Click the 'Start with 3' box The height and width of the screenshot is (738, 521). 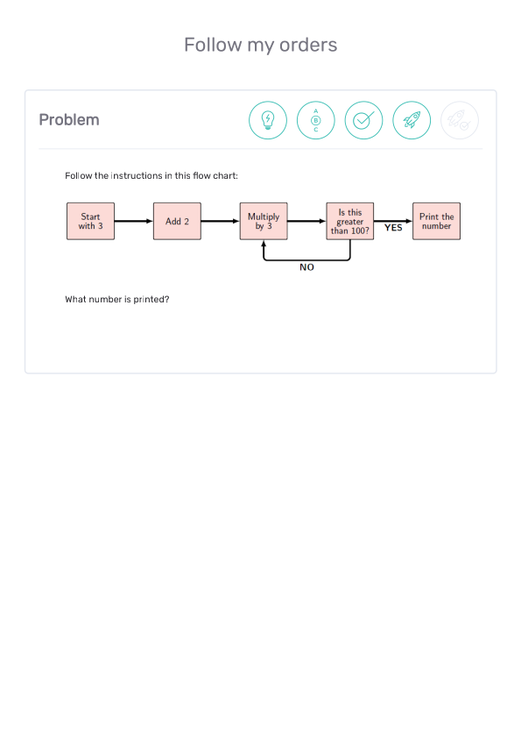90,221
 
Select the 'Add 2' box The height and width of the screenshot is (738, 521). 177,221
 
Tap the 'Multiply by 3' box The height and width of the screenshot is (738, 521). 264,221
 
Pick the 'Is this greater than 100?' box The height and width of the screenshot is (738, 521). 350,221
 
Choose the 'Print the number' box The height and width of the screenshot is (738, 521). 437,221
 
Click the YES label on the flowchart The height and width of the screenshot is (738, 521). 393,228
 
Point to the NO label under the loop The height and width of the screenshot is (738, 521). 306,267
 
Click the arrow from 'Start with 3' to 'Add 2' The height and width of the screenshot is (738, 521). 134,221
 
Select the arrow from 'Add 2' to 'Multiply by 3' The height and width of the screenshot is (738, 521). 221,221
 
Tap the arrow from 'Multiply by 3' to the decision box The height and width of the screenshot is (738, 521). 307,221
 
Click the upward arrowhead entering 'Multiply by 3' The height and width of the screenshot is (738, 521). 264,243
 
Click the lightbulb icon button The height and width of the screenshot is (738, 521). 268,120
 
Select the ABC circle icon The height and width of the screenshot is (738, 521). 316,120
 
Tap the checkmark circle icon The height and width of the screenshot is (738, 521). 364,120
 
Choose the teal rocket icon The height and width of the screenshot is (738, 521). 412,120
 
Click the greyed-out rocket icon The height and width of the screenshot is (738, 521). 460,120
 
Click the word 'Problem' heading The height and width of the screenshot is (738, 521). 69,120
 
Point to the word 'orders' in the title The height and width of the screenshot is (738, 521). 308,46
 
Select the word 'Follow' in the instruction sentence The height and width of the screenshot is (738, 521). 79,175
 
